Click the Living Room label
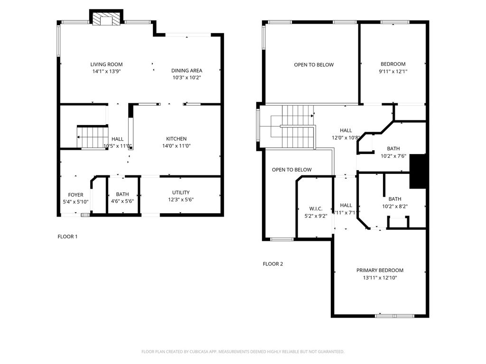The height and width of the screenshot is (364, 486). (106, 64)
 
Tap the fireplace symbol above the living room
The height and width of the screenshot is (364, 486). (106, 19)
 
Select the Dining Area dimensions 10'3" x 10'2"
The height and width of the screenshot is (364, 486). (187, 78)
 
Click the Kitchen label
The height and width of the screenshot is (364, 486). (177, 139)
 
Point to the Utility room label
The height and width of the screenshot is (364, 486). (181, 192)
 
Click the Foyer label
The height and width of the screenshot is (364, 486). (75, 195)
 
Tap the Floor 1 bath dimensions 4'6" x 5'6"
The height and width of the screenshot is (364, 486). (122, 201)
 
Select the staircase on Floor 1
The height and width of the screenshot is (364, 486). (93, 137)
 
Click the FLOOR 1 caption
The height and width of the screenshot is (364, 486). (67, 237)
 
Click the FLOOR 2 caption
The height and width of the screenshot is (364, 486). (273, 264)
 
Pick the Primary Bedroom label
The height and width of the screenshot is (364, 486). (380, 270)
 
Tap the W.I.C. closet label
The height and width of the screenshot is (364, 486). (316, 209)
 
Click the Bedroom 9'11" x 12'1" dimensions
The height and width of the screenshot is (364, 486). (393, 72)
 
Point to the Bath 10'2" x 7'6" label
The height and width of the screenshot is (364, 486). (393, 148)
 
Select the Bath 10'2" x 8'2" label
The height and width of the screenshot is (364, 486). (395, 199)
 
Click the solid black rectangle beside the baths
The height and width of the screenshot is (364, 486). (418, 171)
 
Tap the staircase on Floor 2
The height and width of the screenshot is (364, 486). (293, 127)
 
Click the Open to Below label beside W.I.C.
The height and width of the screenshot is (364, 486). (292, 170)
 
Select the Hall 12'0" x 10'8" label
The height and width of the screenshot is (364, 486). (346, 131)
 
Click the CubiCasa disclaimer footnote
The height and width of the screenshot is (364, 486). (243, 352)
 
